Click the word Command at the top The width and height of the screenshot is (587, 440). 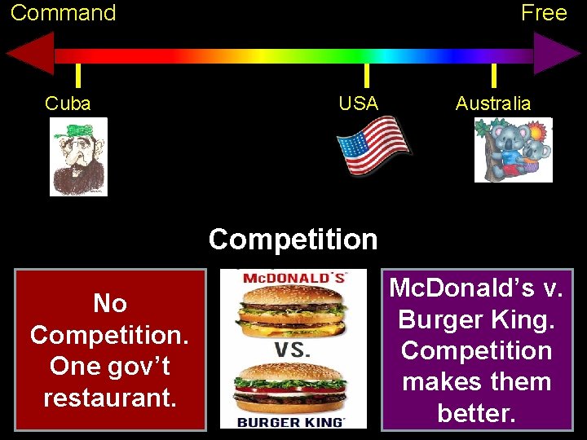click(x=63, y=13)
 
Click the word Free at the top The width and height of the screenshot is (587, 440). click(x=544, y=13)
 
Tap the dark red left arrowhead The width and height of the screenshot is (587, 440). click(x=30, y=55)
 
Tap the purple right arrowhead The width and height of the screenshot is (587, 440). click(x=557, y=55)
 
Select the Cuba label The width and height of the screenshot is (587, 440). click(x=68, y=103)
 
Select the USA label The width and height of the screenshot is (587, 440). click(x=359, y=103)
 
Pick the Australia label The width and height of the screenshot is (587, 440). click(x=493, y=103)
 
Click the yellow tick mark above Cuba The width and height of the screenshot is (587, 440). click(x=77, y=75)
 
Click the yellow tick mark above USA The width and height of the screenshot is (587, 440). click(x=366, y=75)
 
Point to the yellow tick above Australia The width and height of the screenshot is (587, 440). click(x=493, y=75)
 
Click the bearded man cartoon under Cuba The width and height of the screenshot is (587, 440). click(x=78, y=156)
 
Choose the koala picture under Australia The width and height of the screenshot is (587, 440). click(x=514, y=150)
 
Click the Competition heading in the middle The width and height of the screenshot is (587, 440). click(x=293, y=240)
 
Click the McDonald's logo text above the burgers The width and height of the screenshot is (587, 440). click(x=294, y=277)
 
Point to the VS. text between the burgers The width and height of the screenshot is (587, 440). click(x=292, y=350)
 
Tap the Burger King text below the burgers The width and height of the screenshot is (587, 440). click(x=291, y=422)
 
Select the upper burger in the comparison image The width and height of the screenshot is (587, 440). click(x=291, y=313)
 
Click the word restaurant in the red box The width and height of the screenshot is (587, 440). click(x=110, y=398)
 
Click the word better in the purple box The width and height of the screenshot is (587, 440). click(x=476, y=412)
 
